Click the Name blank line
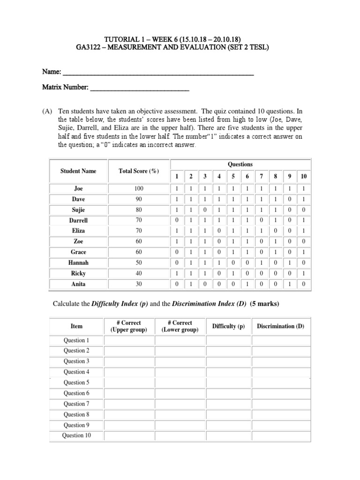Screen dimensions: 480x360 [x=158, y=74]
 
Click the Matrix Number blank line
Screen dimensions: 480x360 [x=139, y=89]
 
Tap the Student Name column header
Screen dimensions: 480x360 [x=78, y=171]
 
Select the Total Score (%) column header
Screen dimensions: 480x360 [x=139, y=171]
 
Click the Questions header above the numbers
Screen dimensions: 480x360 [x=240, y=164]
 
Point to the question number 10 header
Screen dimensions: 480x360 [x=304, y=176]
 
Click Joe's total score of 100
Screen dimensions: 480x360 [x=139, y=188]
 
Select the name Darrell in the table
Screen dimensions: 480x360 [x=78, y=220]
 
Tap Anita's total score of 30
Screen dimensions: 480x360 [x=139, y=284]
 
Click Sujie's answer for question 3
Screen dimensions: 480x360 [x=204, y=210]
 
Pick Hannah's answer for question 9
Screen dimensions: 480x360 [x=290, y=262]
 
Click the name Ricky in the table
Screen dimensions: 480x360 [x=78, y=273]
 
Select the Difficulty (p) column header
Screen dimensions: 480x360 [x=228, y=326]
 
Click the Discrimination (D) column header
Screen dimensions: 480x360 [x=281, y=326]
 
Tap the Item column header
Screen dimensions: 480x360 [x=76, y=326]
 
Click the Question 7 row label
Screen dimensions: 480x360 [x=76, y=404]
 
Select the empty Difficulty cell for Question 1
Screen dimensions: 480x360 [x=228, y=340]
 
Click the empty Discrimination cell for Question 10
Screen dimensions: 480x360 [x=281, y=436]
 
